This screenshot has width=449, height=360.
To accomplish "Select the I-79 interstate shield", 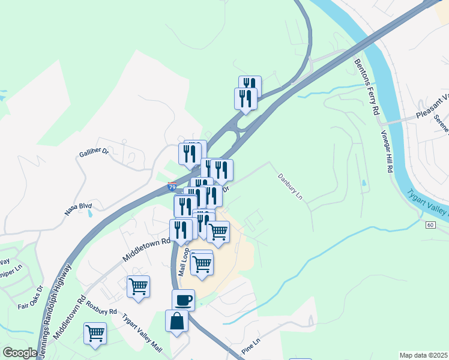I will pos(172,187).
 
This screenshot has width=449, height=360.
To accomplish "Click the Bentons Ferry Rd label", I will pos(367,86).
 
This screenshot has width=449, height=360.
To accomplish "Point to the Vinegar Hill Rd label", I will pos(386,152).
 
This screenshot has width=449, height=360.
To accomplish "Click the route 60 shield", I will pos(430,224).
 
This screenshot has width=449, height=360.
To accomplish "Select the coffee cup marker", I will pos(183,299).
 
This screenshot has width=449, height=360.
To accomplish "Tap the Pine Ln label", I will pos(252,347).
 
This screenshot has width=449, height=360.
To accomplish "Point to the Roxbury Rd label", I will pos(101,302).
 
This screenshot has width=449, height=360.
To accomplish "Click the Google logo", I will pos(19,353).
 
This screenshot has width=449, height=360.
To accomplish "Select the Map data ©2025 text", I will pos(423,355).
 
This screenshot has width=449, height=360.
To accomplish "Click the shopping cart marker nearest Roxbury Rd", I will pos(138,286).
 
